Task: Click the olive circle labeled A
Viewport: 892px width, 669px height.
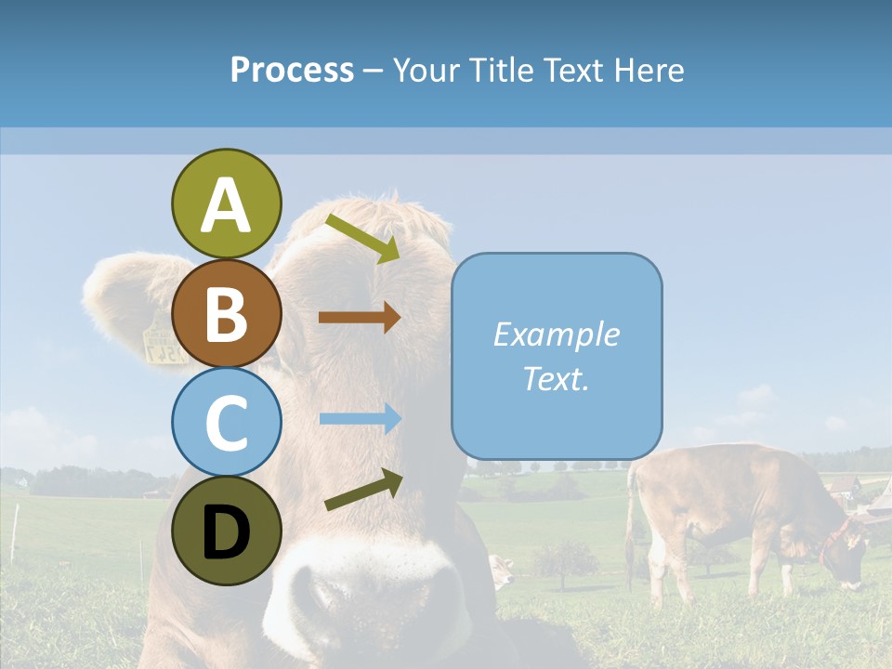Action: click(226, 203)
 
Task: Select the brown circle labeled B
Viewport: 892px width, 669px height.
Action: click(226, 313)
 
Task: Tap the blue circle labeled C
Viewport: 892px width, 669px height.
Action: click(226, 422)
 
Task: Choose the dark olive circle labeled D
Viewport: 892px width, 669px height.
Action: click(226, 531)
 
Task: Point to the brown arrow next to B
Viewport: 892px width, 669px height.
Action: click(359, 317)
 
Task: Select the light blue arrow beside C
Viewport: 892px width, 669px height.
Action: click(359, 419)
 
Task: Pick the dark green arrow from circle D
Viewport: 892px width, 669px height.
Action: click(363, 490)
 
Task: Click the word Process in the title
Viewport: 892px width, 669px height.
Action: click(292, 70)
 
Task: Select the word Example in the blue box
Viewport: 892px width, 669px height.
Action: click(556, 334)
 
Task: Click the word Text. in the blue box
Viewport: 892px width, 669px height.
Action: click(556, 378)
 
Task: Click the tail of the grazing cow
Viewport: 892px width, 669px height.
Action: click(632, 520)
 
